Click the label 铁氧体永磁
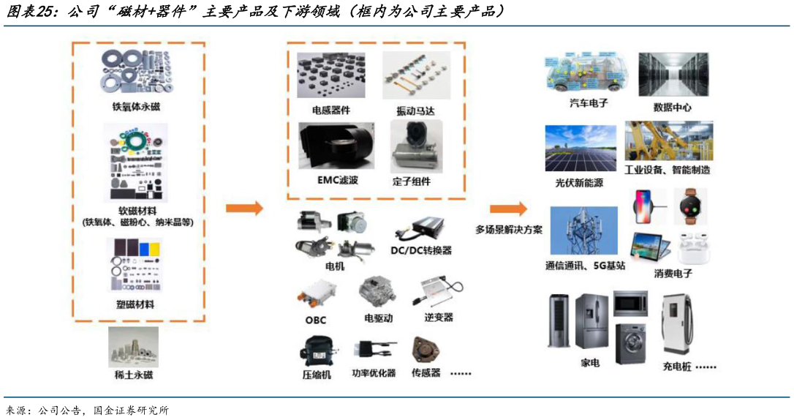(132, 107)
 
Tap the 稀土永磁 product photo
(132, 347)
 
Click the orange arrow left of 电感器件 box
(244, 209)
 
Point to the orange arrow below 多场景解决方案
(509, 209)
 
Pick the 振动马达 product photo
(417, 76)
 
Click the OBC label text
(315, 320)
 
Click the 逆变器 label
(439, 317)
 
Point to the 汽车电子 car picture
(588, 73)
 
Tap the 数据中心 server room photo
(673, 75)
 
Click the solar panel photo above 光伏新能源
(580, 148)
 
